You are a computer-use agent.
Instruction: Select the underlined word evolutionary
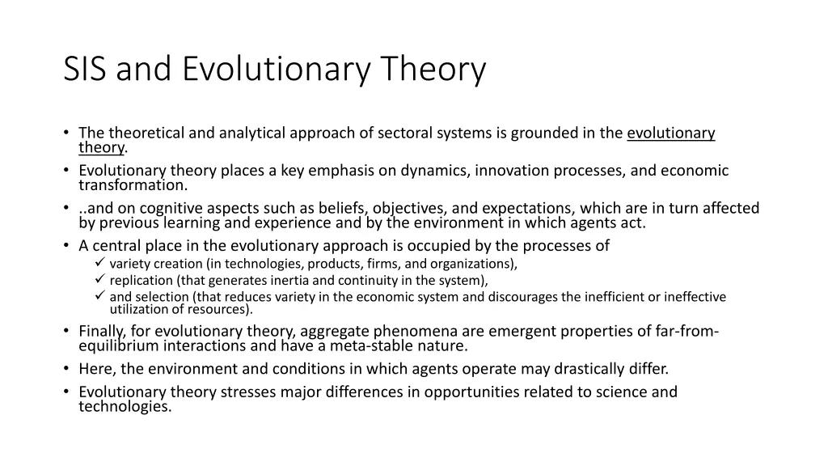tap(670, 133)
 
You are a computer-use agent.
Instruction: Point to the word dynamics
tap(435, 171)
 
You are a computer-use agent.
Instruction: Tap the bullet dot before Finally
tap(66, 331)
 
